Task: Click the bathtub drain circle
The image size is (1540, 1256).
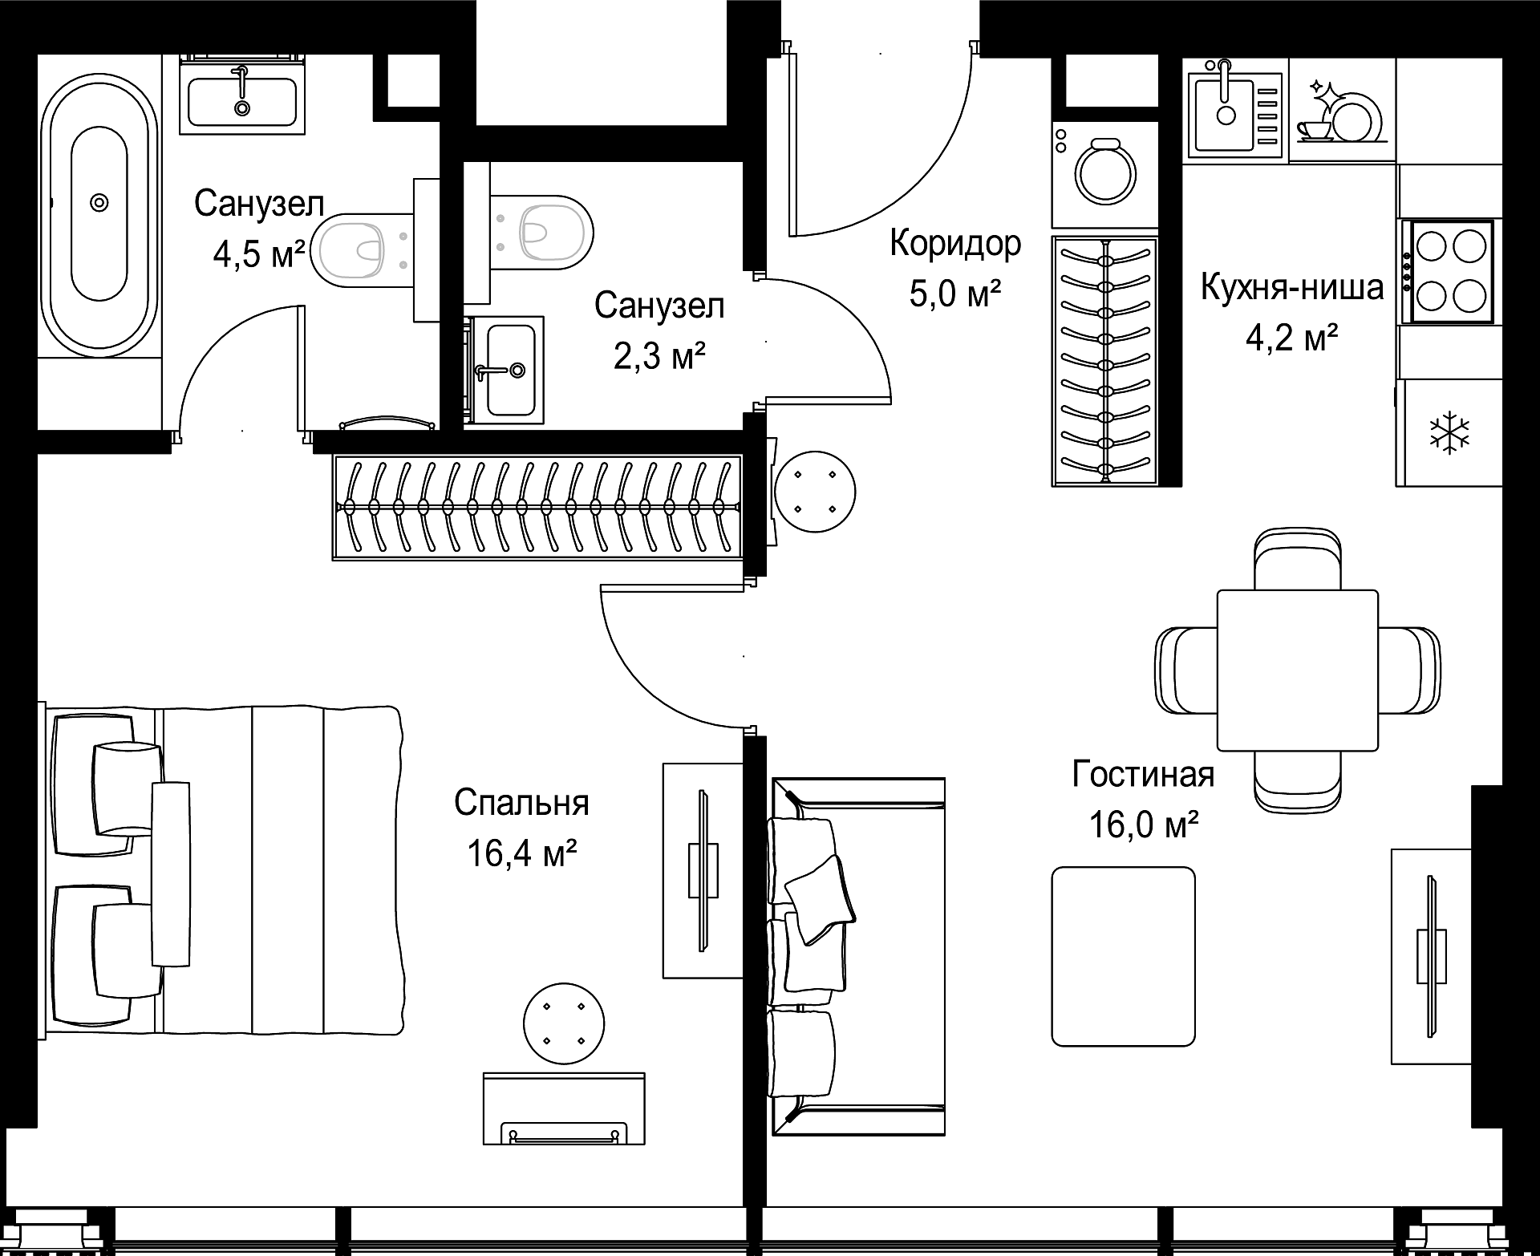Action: [x=99, y=202]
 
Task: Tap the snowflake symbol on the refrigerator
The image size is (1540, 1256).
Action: [x=1449, y=434]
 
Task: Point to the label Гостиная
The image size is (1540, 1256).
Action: [x=1143, y=775]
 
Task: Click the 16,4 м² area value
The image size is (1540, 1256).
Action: [x=522, y=853]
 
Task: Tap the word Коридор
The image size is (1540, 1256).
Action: [x=955, y=243]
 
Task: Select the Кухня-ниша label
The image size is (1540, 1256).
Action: [x=1291, y=287]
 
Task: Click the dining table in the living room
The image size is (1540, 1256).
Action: [x=1297, y=670]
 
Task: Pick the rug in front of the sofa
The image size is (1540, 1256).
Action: [x=1123, y=956]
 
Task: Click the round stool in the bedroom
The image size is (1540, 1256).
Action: [x=563, y=1024]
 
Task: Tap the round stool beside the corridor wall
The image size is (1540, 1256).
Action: [x=814, y=491]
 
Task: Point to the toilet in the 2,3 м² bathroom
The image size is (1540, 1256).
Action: [x=541, y=233]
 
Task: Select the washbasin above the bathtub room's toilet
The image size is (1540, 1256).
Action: [x=242, y=95]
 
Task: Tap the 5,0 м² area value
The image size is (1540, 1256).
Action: [x=955, y=294]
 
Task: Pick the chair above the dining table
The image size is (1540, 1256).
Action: [x=1297, y=560]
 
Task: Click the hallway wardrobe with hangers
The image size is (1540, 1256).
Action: [x=1105, y=362]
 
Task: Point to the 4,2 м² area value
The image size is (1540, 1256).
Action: [x=1291, y=338]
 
